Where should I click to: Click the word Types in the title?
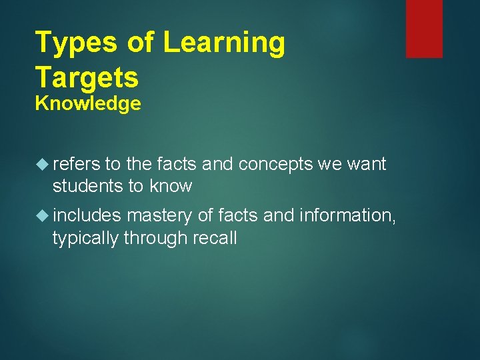(75, 43)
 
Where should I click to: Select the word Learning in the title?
(223, 43)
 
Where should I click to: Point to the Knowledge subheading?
(88, 104)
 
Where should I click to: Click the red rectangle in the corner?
(424, 28)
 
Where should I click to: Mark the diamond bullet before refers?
(43, 164)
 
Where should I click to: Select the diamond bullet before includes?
(43, 216)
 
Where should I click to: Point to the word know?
(171, 186)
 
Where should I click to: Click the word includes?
(87, 216)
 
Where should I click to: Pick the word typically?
(85, 238)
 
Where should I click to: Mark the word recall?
(215, 238)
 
